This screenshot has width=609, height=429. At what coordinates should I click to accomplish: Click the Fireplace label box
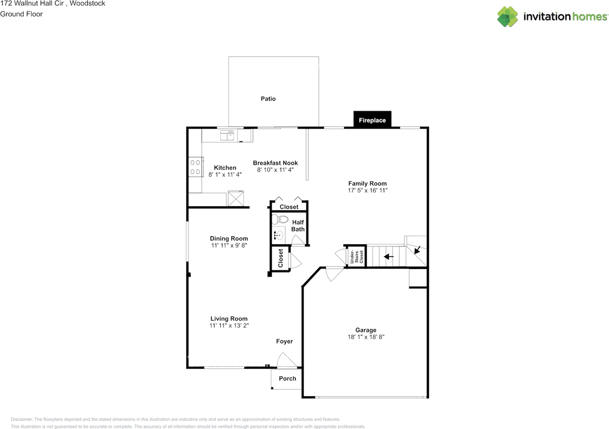[x=372, y=120]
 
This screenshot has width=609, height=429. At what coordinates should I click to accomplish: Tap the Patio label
[x=268, y=99]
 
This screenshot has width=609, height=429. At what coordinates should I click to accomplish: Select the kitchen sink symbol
[x=227, y=135]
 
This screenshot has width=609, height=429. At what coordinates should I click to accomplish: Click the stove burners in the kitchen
[x=195, y=167]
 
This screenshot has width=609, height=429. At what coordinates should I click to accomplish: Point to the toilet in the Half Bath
[x=280, y=219]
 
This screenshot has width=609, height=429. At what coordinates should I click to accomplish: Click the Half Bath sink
[x=279, y=235]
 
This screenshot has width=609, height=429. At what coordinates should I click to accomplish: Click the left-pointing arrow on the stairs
[x=389, y=257]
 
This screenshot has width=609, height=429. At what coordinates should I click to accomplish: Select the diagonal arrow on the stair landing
[x=417, y=249]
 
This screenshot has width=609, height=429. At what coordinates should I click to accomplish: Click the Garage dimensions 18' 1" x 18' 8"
[x=365, y=337]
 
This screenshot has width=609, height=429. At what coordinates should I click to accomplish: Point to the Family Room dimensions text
[x=367, y=190]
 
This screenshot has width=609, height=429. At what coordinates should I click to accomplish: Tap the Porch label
[x=287, y=379]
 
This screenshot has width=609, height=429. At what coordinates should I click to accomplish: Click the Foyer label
[x=285, y=341]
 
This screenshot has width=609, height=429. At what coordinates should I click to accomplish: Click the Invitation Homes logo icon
[x=508, y=17]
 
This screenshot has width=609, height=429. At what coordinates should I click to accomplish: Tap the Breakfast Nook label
[x=275, y=163]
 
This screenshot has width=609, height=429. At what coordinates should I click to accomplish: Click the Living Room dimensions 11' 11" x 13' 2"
[x=229, y=326]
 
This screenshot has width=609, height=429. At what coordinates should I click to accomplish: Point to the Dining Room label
[x=229, y=239]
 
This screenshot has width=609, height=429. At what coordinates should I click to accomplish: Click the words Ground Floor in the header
[x=21, y=14]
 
